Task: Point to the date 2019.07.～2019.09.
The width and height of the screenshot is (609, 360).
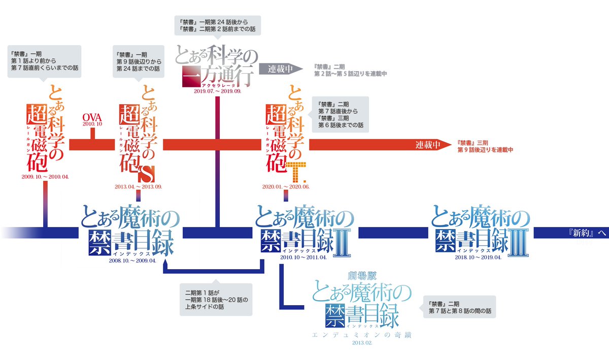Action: [217, 91]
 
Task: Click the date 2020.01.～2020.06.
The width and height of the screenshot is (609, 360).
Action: [286, 186]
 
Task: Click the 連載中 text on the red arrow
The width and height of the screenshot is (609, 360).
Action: [428, 145]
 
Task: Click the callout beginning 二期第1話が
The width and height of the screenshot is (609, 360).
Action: [216, 300]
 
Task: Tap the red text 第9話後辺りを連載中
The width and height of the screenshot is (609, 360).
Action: [486, 150]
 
